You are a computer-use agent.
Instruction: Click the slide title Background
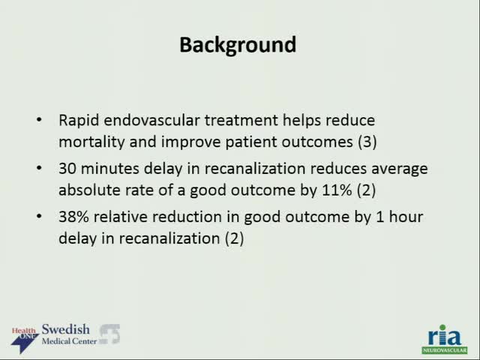[x=238, y=45]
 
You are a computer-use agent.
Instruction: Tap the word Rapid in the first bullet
[x=76, y=120]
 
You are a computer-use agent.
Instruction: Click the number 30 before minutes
[x=67, y=169]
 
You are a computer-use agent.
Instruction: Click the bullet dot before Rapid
[x=40, y=120]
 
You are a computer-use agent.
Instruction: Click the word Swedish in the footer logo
[x=65, y=330]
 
